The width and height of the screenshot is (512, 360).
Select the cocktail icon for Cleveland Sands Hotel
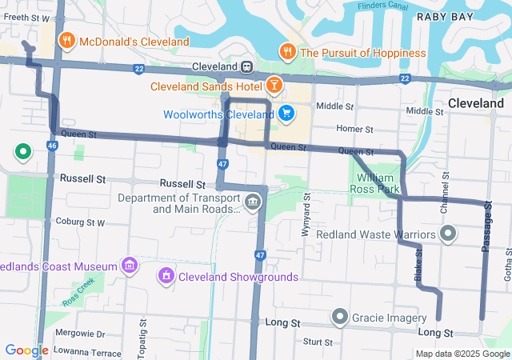click(x=274, y=83)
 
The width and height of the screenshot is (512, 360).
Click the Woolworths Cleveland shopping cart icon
click(x=286, y=114)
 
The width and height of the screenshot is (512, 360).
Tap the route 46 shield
click(x=51, y=146)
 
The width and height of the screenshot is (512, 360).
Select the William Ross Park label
click(x=374, y=183)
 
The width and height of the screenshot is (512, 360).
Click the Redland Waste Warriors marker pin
click(x=448, y=234)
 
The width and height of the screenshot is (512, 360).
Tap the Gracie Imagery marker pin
click(x=341, y=318)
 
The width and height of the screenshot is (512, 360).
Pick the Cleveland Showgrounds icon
click(x=166, y=277)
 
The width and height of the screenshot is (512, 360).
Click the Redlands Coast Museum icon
click(x=128, y=265)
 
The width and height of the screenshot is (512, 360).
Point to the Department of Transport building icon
click(x=253, y=200)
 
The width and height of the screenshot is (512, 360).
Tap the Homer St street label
click(x=354, y=128)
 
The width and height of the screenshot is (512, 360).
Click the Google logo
click(x=26, y=350)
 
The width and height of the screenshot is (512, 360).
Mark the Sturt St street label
click(x=318, y=342)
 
